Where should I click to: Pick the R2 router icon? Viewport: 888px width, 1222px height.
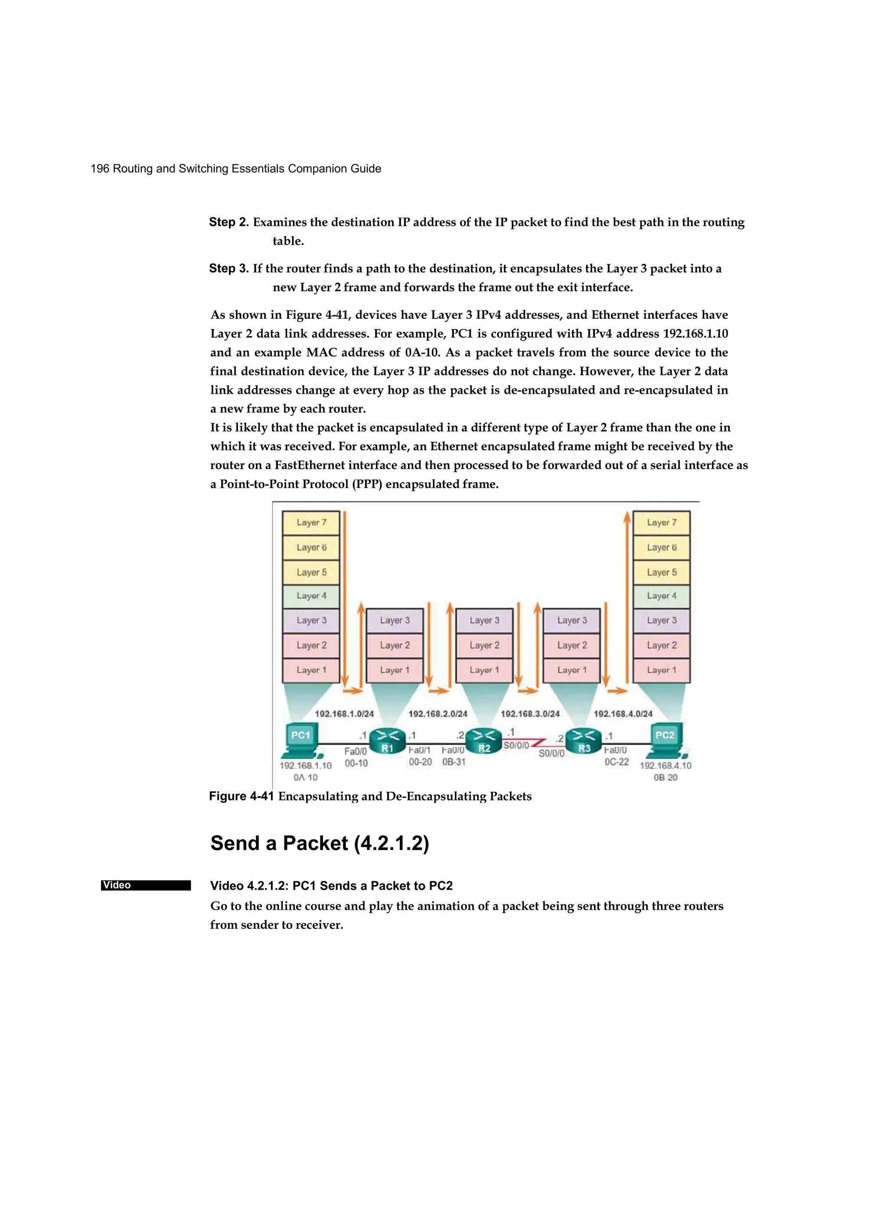[483, 741]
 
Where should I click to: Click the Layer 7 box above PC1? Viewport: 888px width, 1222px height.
[311, 523]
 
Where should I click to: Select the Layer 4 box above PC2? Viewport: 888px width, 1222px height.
[661, 596]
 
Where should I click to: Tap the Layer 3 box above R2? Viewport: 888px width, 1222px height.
[484, 621]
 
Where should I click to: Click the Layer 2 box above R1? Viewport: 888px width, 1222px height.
[395, 646]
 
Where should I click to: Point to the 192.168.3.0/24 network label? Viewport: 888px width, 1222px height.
[530, 714]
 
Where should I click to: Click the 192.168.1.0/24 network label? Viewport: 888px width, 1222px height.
[344, 714]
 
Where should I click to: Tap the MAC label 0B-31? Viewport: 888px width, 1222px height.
[454, 762]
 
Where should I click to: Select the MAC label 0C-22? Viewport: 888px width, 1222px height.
[617, 762]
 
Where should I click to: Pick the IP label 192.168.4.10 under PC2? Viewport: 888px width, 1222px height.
[666, 766]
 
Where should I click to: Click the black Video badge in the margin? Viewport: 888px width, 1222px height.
[146, 885]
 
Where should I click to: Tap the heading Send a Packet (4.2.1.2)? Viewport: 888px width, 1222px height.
[320, 843]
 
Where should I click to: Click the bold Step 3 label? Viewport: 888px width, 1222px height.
[229, 268]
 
